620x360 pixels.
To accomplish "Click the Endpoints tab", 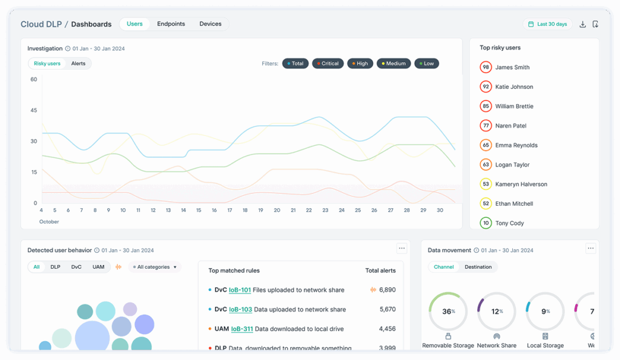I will pos(171,24).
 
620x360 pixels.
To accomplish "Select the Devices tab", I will pos(210,24).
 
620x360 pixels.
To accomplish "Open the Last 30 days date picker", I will pos(547,24).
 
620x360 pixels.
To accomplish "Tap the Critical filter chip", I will pos(328,64).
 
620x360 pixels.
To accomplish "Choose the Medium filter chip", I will pos(394,64).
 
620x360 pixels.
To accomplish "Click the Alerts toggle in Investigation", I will pos(78,64).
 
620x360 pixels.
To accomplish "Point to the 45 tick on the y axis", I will pos(33,110).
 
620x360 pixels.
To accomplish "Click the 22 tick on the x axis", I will pos(309,211).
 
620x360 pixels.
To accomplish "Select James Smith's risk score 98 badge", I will pos(486,67).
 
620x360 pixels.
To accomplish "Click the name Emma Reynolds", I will pos(516,145).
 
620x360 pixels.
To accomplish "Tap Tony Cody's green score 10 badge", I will pos(486,223).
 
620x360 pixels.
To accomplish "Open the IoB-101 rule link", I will pos(240,290).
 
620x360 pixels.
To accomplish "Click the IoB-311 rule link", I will pos(242,329).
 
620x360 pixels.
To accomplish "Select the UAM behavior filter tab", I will pos(98,267).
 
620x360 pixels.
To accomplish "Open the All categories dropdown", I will pos(155,267).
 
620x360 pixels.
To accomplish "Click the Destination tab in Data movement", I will pos(478,267).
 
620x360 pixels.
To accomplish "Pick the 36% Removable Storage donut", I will pos(448,312).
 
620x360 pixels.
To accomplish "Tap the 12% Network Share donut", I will pos(496,312).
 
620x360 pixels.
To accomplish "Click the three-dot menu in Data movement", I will pos(591,248).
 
